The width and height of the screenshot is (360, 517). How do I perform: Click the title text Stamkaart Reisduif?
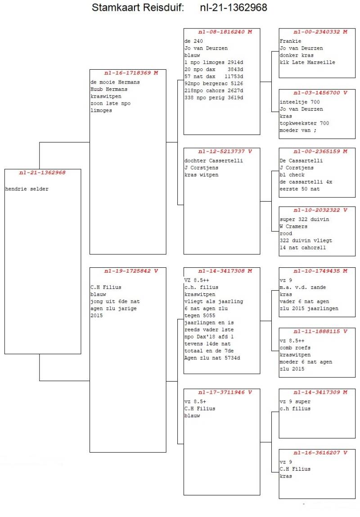click(138, 8)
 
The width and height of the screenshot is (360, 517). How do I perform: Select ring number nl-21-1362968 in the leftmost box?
click(42, 173)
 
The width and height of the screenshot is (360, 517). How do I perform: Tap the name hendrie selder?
click(27, 189)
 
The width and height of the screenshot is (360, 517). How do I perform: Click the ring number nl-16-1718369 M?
click(128, 73)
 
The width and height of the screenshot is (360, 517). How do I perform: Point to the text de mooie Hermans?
click(115, 82)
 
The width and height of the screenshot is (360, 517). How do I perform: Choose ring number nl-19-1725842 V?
click(128, 271)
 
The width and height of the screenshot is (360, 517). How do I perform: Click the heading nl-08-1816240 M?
click(222, 32)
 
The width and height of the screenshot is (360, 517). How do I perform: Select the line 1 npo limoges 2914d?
click(214, 62)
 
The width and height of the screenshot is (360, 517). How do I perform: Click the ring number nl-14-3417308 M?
click(222, 271)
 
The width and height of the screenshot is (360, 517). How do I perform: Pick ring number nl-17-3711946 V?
click(222, 392)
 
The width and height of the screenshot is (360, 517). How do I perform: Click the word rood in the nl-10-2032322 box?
click(286, 234)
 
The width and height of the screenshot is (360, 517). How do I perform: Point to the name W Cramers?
click(293, 226)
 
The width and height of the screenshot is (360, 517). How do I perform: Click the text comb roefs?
click(295, 348)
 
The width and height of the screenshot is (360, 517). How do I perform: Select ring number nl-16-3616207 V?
click(317, 453)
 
